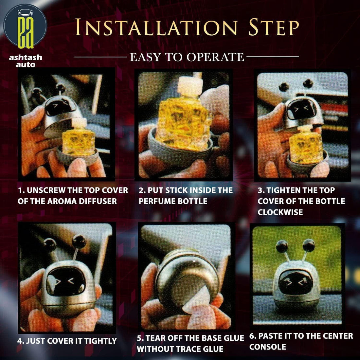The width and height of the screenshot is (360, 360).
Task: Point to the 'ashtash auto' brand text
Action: coord(26,61)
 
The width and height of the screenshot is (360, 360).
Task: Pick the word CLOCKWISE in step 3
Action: coord(280,212)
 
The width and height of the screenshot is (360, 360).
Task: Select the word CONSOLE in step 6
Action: coord(268,347)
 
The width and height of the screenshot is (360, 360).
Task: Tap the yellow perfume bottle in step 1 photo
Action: coord(79,141)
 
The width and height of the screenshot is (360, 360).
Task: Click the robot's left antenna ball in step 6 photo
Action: coord(282,246)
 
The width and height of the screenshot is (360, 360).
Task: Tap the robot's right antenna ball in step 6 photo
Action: coord(309,245)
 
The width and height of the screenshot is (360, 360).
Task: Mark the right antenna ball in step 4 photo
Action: coord(79,242)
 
